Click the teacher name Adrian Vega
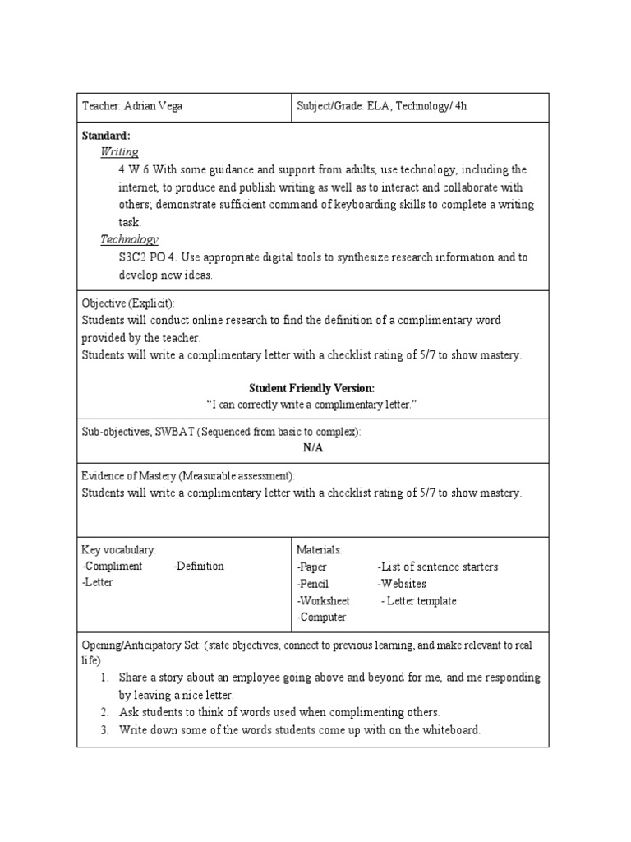pos(155,107)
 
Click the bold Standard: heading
pos(106,135)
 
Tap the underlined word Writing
pos(119,152)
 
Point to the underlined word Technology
pos(129,239)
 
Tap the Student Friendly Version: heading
pos(311,388)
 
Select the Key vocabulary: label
pos(118,549)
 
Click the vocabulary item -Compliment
pos(113,566)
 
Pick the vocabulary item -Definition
pos(199,566)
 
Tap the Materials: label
pos(320,549)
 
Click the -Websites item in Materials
pos(402,584)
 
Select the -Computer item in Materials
pos(321,618)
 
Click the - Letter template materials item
pos(419,601)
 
